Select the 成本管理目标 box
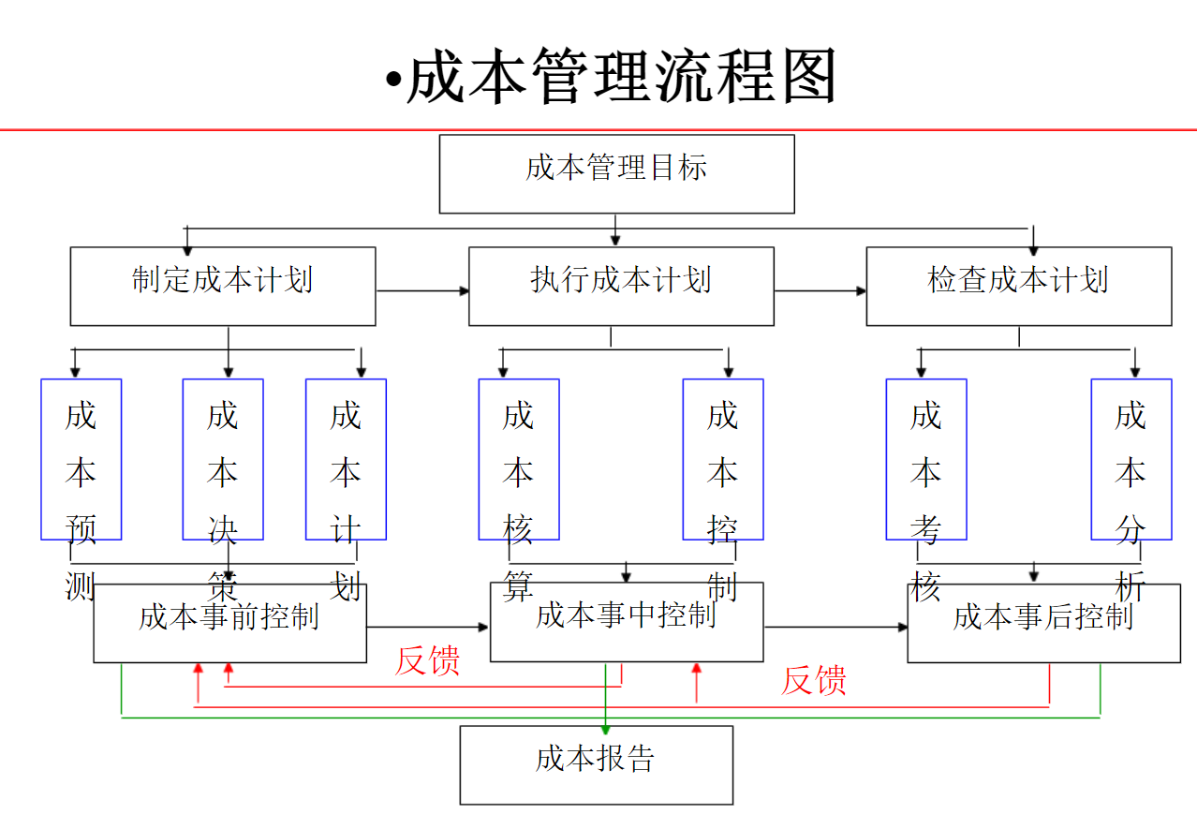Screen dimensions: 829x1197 616,174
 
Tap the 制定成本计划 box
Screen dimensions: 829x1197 223,286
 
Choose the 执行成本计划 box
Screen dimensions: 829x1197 621,286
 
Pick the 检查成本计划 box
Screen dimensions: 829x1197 1018,286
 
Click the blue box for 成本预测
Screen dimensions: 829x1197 81,459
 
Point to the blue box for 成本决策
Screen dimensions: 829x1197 223,459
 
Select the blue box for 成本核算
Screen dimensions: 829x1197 519,459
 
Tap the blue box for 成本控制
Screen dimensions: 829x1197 723,459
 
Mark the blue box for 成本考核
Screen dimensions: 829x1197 926,459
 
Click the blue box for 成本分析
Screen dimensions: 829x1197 1130,459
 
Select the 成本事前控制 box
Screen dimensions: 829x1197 229,623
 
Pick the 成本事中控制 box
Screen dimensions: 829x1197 627,622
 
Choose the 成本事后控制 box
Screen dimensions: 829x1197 1043,623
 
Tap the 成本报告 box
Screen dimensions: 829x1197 596,764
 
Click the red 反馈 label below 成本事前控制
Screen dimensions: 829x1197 427,660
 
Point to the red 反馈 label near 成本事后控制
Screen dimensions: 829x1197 814,680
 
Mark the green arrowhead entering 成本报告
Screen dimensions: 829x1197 606,728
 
